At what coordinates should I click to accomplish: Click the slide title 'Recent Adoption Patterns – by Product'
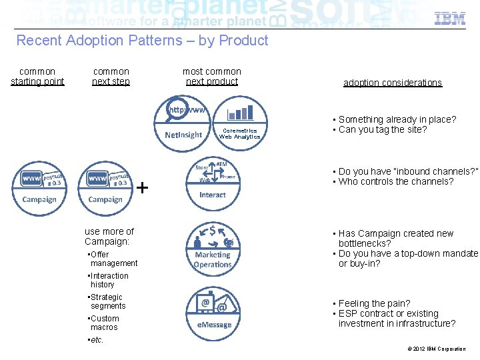[x=142, y=41]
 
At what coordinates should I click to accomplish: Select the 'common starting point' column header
[x=37, y=77]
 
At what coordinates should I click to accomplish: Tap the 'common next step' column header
[x=111, y=77]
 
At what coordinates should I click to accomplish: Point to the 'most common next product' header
[x=212, y=77]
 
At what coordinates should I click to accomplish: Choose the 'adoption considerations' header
[x=392, y=83]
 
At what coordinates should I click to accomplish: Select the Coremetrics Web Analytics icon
[x=239, y=121]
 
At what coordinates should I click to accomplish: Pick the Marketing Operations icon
[x=212, y=247]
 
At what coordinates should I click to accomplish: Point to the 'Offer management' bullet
[x=113, y=259]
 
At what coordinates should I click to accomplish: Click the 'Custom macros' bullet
[x=105, y=323]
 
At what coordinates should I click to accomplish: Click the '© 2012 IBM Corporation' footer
[x=436, y=349]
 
